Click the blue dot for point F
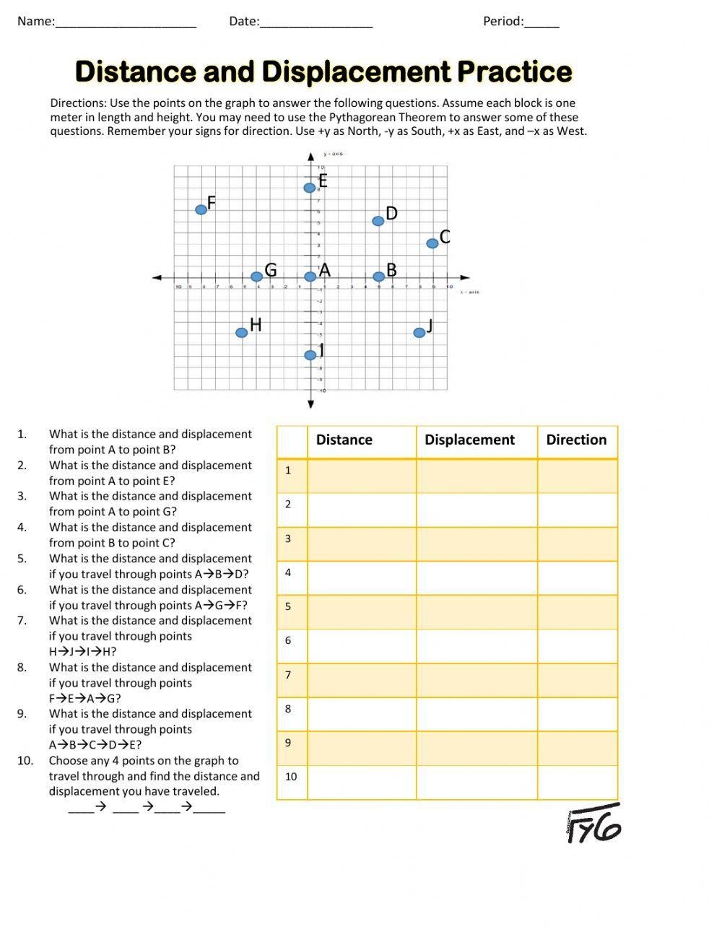pos(201,210)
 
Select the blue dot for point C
pos(432,244)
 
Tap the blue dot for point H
pos(241,333)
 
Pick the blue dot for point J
pos(419,333)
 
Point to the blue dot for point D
pos(378,221)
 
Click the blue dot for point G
pos(256,276)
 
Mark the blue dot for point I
pos(310,355)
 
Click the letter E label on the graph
pos(323,181)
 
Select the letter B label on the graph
pos(391,270)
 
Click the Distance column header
pos(344,440)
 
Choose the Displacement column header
pos(469,440)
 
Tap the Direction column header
pos(576,440)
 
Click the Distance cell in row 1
pos(362,476)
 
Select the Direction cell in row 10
pos(578,783)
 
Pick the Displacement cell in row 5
pos(477,611)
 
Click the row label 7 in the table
pos(288,675)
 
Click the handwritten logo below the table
pos(593,823)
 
